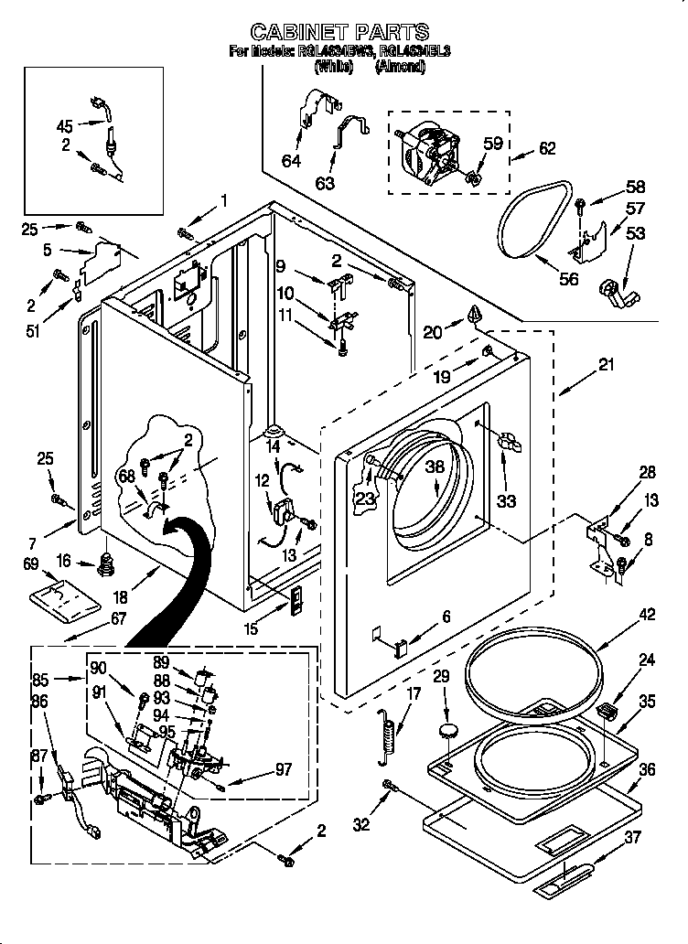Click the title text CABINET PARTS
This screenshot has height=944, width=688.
(x=339, y=33)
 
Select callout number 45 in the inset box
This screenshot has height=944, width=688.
(x=64, y=126)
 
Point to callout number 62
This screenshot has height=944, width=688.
(x=547, y=148)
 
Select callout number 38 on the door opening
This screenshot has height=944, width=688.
(x=435, y=466)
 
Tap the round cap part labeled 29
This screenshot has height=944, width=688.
(x=448, y=729)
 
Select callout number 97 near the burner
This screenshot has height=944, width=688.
(x=283, y=770)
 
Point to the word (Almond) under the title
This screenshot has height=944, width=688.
(x=400, y=66)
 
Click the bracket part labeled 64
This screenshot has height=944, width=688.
(x=311, y=110)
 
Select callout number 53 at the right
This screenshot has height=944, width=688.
(x=635, y=233)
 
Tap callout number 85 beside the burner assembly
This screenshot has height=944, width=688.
(x=66, y=680)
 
